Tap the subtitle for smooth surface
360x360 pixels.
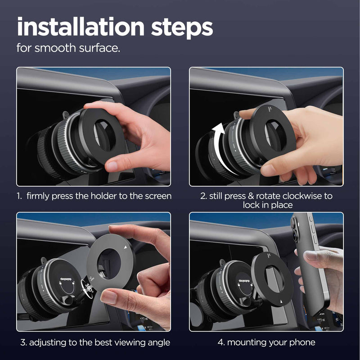[68, 48]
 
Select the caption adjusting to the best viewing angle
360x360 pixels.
[95, 342]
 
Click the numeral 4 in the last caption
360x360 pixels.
[220, 342]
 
